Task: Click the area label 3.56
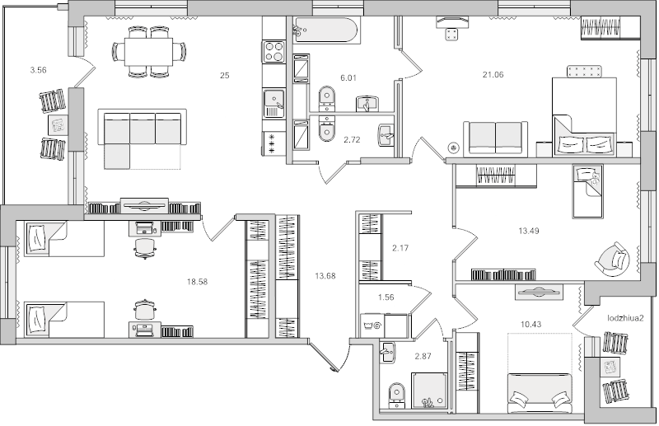pyautogui.click(x=37, y=70)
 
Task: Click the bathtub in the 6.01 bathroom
pyautogui.click(x=326, y=31)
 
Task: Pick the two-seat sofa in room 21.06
pyautogui.click(x=494, y=138)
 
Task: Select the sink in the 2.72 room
pyautogui.click(x=384, y=134)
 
